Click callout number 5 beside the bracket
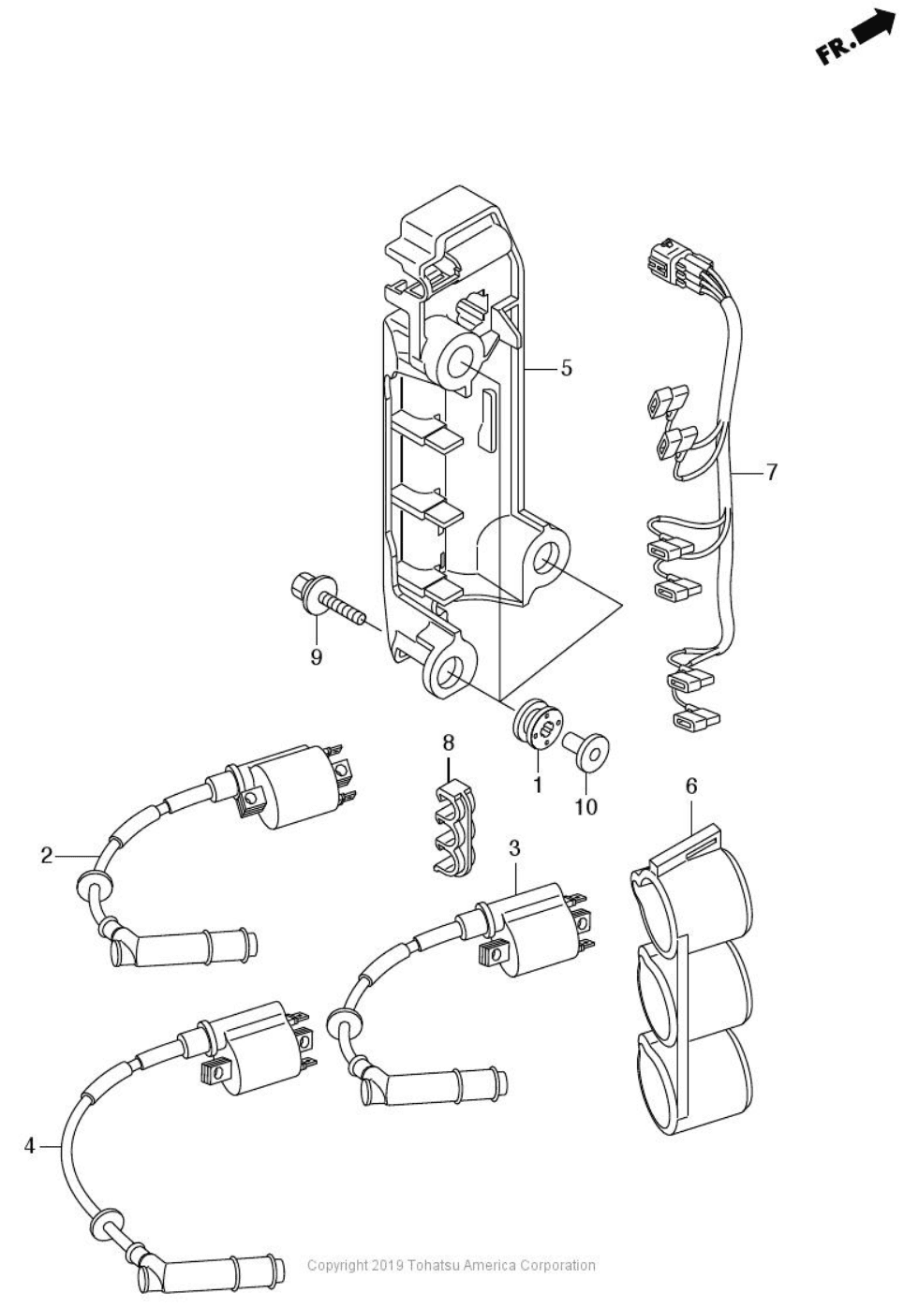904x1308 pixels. click(566, 369)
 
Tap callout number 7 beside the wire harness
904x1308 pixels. click(771, 472)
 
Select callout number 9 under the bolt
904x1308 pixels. click(316, 657)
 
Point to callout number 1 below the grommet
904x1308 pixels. click(537, 784)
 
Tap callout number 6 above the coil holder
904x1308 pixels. click(690, 786)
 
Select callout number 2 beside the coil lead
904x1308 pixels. click(47, 857)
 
